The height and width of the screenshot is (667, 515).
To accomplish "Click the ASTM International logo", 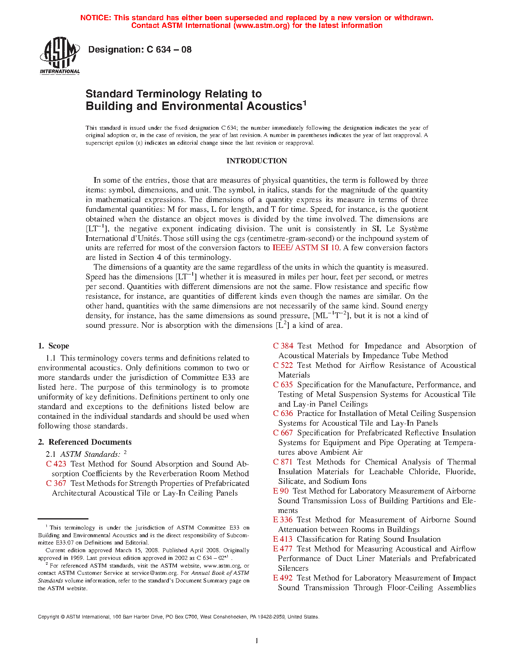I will pyautogui.click(x=60, y=56).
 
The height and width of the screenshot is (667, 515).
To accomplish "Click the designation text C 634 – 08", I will pyautogui.click(x=140, y=50).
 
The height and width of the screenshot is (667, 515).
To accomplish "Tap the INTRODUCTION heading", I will pyautogui.click(x=256, y=161).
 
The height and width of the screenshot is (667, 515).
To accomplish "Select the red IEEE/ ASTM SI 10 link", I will pyautogui.click(x=306, y=248).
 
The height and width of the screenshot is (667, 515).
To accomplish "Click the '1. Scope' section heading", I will pyautogui.click(x=54, y=346).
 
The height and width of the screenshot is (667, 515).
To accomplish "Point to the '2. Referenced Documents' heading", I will pyautogui.click(x=85, y=442).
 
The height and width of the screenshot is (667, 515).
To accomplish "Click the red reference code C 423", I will pyautogui.click(x=56, y=464).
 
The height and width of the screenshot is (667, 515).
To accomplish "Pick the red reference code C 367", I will pyautogui.click(x=56, y=483).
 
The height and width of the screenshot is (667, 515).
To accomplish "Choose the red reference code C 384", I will pyautogui.click(x=283, y=346).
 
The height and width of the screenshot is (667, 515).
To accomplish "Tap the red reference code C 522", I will pyautogui.click(x=283, y=365).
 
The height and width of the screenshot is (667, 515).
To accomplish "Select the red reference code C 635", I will pyautogui.click(x=283, y=385).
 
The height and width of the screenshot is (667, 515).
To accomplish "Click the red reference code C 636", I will pyautogui.click(x=283, y=414).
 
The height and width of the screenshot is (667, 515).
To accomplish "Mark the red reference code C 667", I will pyautogui.click(x=283, y=433).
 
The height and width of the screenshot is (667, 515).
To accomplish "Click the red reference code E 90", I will pyautogui.click(x=281, y=491).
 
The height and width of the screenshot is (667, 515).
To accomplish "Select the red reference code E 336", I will pyautogui.click(x=283, y=520).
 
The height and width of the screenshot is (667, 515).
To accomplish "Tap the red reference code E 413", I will pyautogui.click(x=283, y=539).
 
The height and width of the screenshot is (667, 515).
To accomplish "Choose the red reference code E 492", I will pyautogui.click(x=283, y=578).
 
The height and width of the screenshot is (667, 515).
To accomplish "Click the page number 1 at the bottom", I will pyautogui.click(x=257, y=641).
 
